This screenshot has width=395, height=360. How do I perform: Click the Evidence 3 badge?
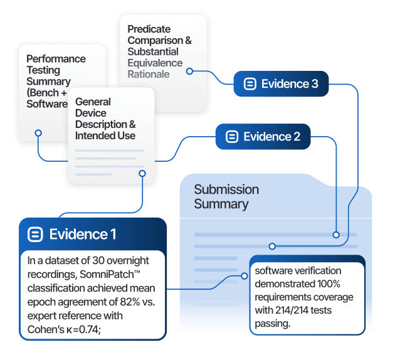[x=281, y=84]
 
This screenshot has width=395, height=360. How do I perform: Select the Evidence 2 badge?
[x=263, y=137]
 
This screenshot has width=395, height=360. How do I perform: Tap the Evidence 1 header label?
[x=83, y=235]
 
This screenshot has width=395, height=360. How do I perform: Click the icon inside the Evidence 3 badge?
[x=250, y=84]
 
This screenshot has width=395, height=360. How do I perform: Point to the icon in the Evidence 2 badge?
[x=231, y=137]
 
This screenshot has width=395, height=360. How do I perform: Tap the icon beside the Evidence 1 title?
[x=36, y=235]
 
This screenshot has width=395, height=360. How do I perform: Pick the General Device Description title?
[x=105, y=119]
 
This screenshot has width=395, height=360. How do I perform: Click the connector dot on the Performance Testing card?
[x=38, y=133]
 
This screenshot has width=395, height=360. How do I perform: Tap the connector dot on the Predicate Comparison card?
[x=189, y=71]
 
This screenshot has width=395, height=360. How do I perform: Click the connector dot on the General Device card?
[x=142, y=173]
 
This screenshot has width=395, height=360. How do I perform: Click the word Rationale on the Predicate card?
[x=149, y=74]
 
